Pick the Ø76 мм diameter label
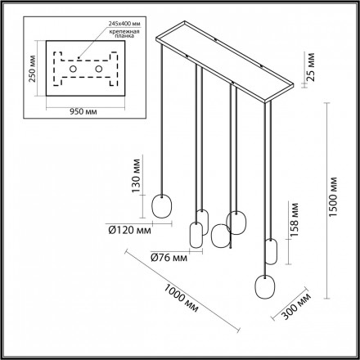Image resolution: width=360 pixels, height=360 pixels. [168, 260]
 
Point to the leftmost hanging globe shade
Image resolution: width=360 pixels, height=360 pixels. [164, 205]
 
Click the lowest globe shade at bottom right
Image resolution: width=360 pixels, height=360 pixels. [265, 287]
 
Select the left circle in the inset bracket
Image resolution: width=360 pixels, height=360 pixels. [72, 70]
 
